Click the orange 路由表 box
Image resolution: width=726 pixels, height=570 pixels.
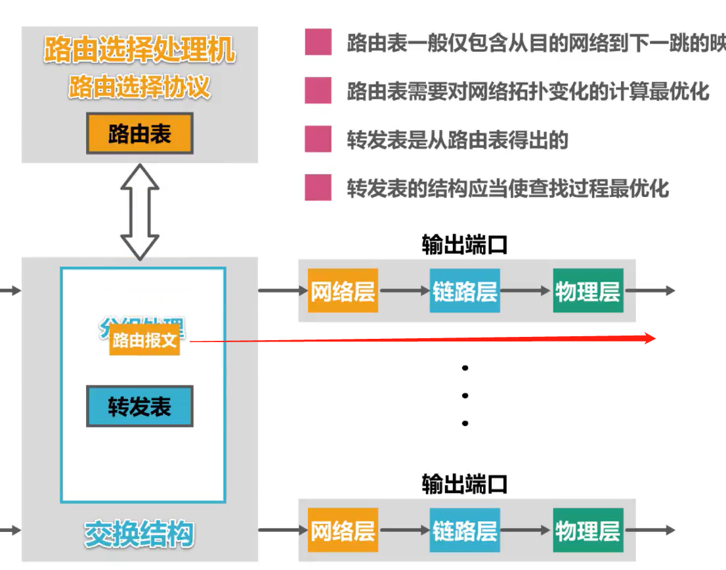pyautogui.click(x=139, y=134)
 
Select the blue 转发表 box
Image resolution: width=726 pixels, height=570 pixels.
pyautogui.click(x=140, y=407)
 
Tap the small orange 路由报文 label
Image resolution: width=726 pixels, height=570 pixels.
pyautogui.click(x=144, y=341)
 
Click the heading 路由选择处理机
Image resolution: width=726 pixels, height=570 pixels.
pyautogui.click(x=139, y=50)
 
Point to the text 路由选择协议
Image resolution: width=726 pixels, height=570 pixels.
pyautogui.click(x=139, y=87)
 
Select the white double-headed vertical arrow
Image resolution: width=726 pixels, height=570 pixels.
pyautogui.click(x=140, y=211)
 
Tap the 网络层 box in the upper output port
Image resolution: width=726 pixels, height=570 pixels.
pyautogui.click(x=342, y=291)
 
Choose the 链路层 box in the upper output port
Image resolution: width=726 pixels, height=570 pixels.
pyautogui.click(x=465, y=291)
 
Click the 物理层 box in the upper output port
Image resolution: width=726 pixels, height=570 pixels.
pyautogui.click(x=587, y=291)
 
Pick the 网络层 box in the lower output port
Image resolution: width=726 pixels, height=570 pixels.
pyautogui.click(x=342, y=530)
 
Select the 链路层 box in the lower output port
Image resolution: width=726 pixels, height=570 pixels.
pyautogui.click(x=465, y=530)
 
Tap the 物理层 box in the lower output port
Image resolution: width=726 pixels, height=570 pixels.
pyautogui.click(x=587, y=530)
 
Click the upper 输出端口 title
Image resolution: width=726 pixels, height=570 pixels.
pyautogui.click(x=465, y=246)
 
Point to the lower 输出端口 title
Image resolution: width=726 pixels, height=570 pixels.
pyautogui.click(x=465, y=485)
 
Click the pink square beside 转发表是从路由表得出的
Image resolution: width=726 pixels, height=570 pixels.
pyautogui.click(x=318, y=139)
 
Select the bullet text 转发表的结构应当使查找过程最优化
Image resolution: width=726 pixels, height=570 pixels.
pyautogui.click(x=507, y=189)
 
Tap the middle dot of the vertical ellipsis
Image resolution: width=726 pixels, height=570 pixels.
pyautogui.click(x=465, y=395)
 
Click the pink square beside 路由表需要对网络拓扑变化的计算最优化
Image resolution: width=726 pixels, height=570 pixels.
pyautogui.click(x=318, y=91)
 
